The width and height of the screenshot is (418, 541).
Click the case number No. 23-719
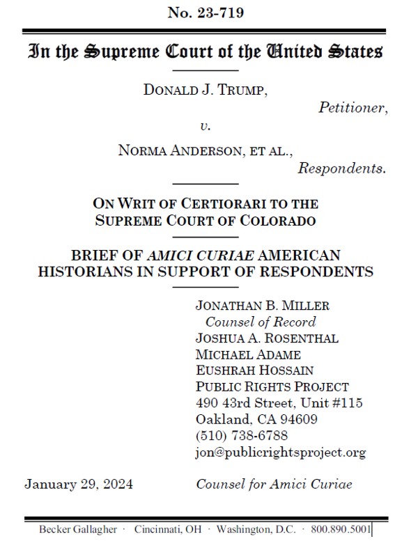205,12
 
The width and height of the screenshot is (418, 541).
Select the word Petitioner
353,107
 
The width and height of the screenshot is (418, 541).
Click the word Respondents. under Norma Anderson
342,168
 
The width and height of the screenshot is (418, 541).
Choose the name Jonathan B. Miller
262,306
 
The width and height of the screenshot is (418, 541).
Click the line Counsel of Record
260,322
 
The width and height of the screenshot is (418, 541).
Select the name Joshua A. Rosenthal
267,338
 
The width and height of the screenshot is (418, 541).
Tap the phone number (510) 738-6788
242,436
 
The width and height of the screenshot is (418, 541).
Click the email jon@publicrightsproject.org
280,453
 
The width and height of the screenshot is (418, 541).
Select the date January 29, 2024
79,484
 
